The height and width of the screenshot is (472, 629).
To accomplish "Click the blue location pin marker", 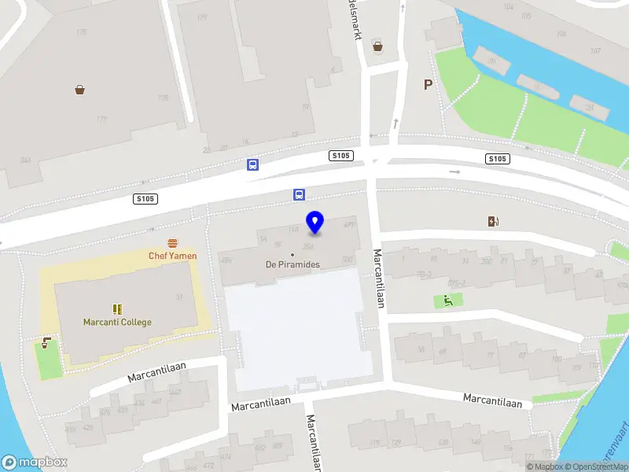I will tap(315, 223).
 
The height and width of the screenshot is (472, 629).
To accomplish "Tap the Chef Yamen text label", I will tap(173, 256).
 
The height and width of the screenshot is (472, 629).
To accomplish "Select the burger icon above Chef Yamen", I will tap(172, 243).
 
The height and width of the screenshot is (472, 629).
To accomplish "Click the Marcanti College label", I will tap(117, 322).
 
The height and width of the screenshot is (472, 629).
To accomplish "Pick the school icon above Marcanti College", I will tap(116, 309).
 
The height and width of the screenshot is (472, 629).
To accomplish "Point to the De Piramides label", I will tap(292, 264).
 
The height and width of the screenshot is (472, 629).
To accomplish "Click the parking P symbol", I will tap(428, 85).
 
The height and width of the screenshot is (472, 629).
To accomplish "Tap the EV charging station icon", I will tap(493, 222).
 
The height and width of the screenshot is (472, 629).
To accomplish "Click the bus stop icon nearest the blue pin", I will tap(299, 194).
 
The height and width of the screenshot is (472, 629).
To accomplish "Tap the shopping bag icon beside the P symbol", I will tap(378, 46).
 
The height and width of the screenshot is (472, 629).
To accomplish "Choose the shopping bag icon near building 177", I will tap(80, 90).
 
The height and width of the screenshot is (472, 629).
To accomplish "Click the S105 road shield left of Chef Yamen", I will tap(145, 199).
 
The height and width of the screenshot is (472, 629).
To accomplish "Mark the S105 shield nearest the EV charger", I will tap(497, 159).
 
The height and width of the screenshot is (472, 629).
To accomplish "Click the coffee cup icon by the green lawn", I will tap(47, 343).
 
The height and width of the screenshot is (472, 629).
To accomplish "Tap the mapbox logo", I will tap(35, 462).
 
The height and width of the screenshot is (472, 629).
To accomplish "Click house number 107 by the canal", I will tap(594, 50).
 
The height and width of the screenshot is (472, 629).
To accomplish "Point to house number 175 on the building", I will tap(82, 32).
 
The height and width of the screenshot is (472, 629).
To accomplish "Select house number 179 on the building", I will tap(202, 17).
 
